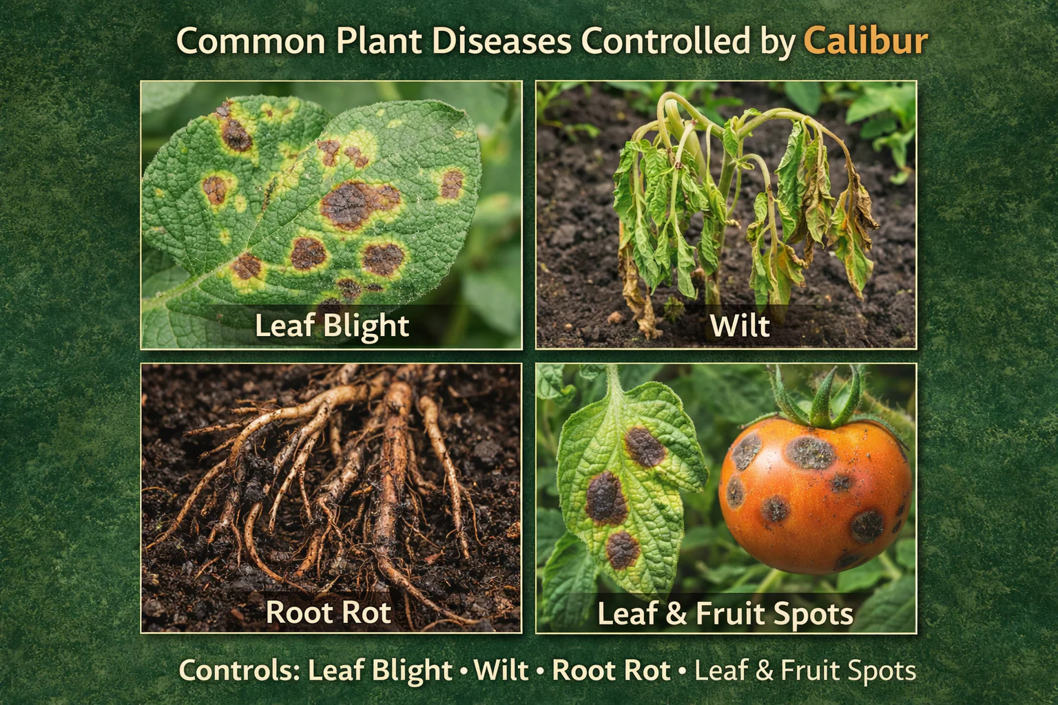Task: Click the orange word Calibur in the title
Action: point(865,41)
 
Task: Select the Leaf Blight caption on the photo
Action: point(332,325)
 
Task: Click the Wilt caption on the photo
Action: point(739,325)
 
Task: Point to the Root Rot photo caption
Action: point(329,612)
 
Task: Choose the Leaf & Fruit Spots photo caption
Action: point(725,613)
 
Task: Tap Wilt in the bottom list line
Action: point(501,671)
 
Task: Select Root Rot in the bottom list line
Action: point(611,671)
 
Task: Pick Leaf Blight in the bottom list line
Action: point(380,671)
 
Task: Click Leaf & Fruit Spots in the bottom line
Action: point(805,671)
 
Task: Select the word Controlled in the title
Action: point(665,41)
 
